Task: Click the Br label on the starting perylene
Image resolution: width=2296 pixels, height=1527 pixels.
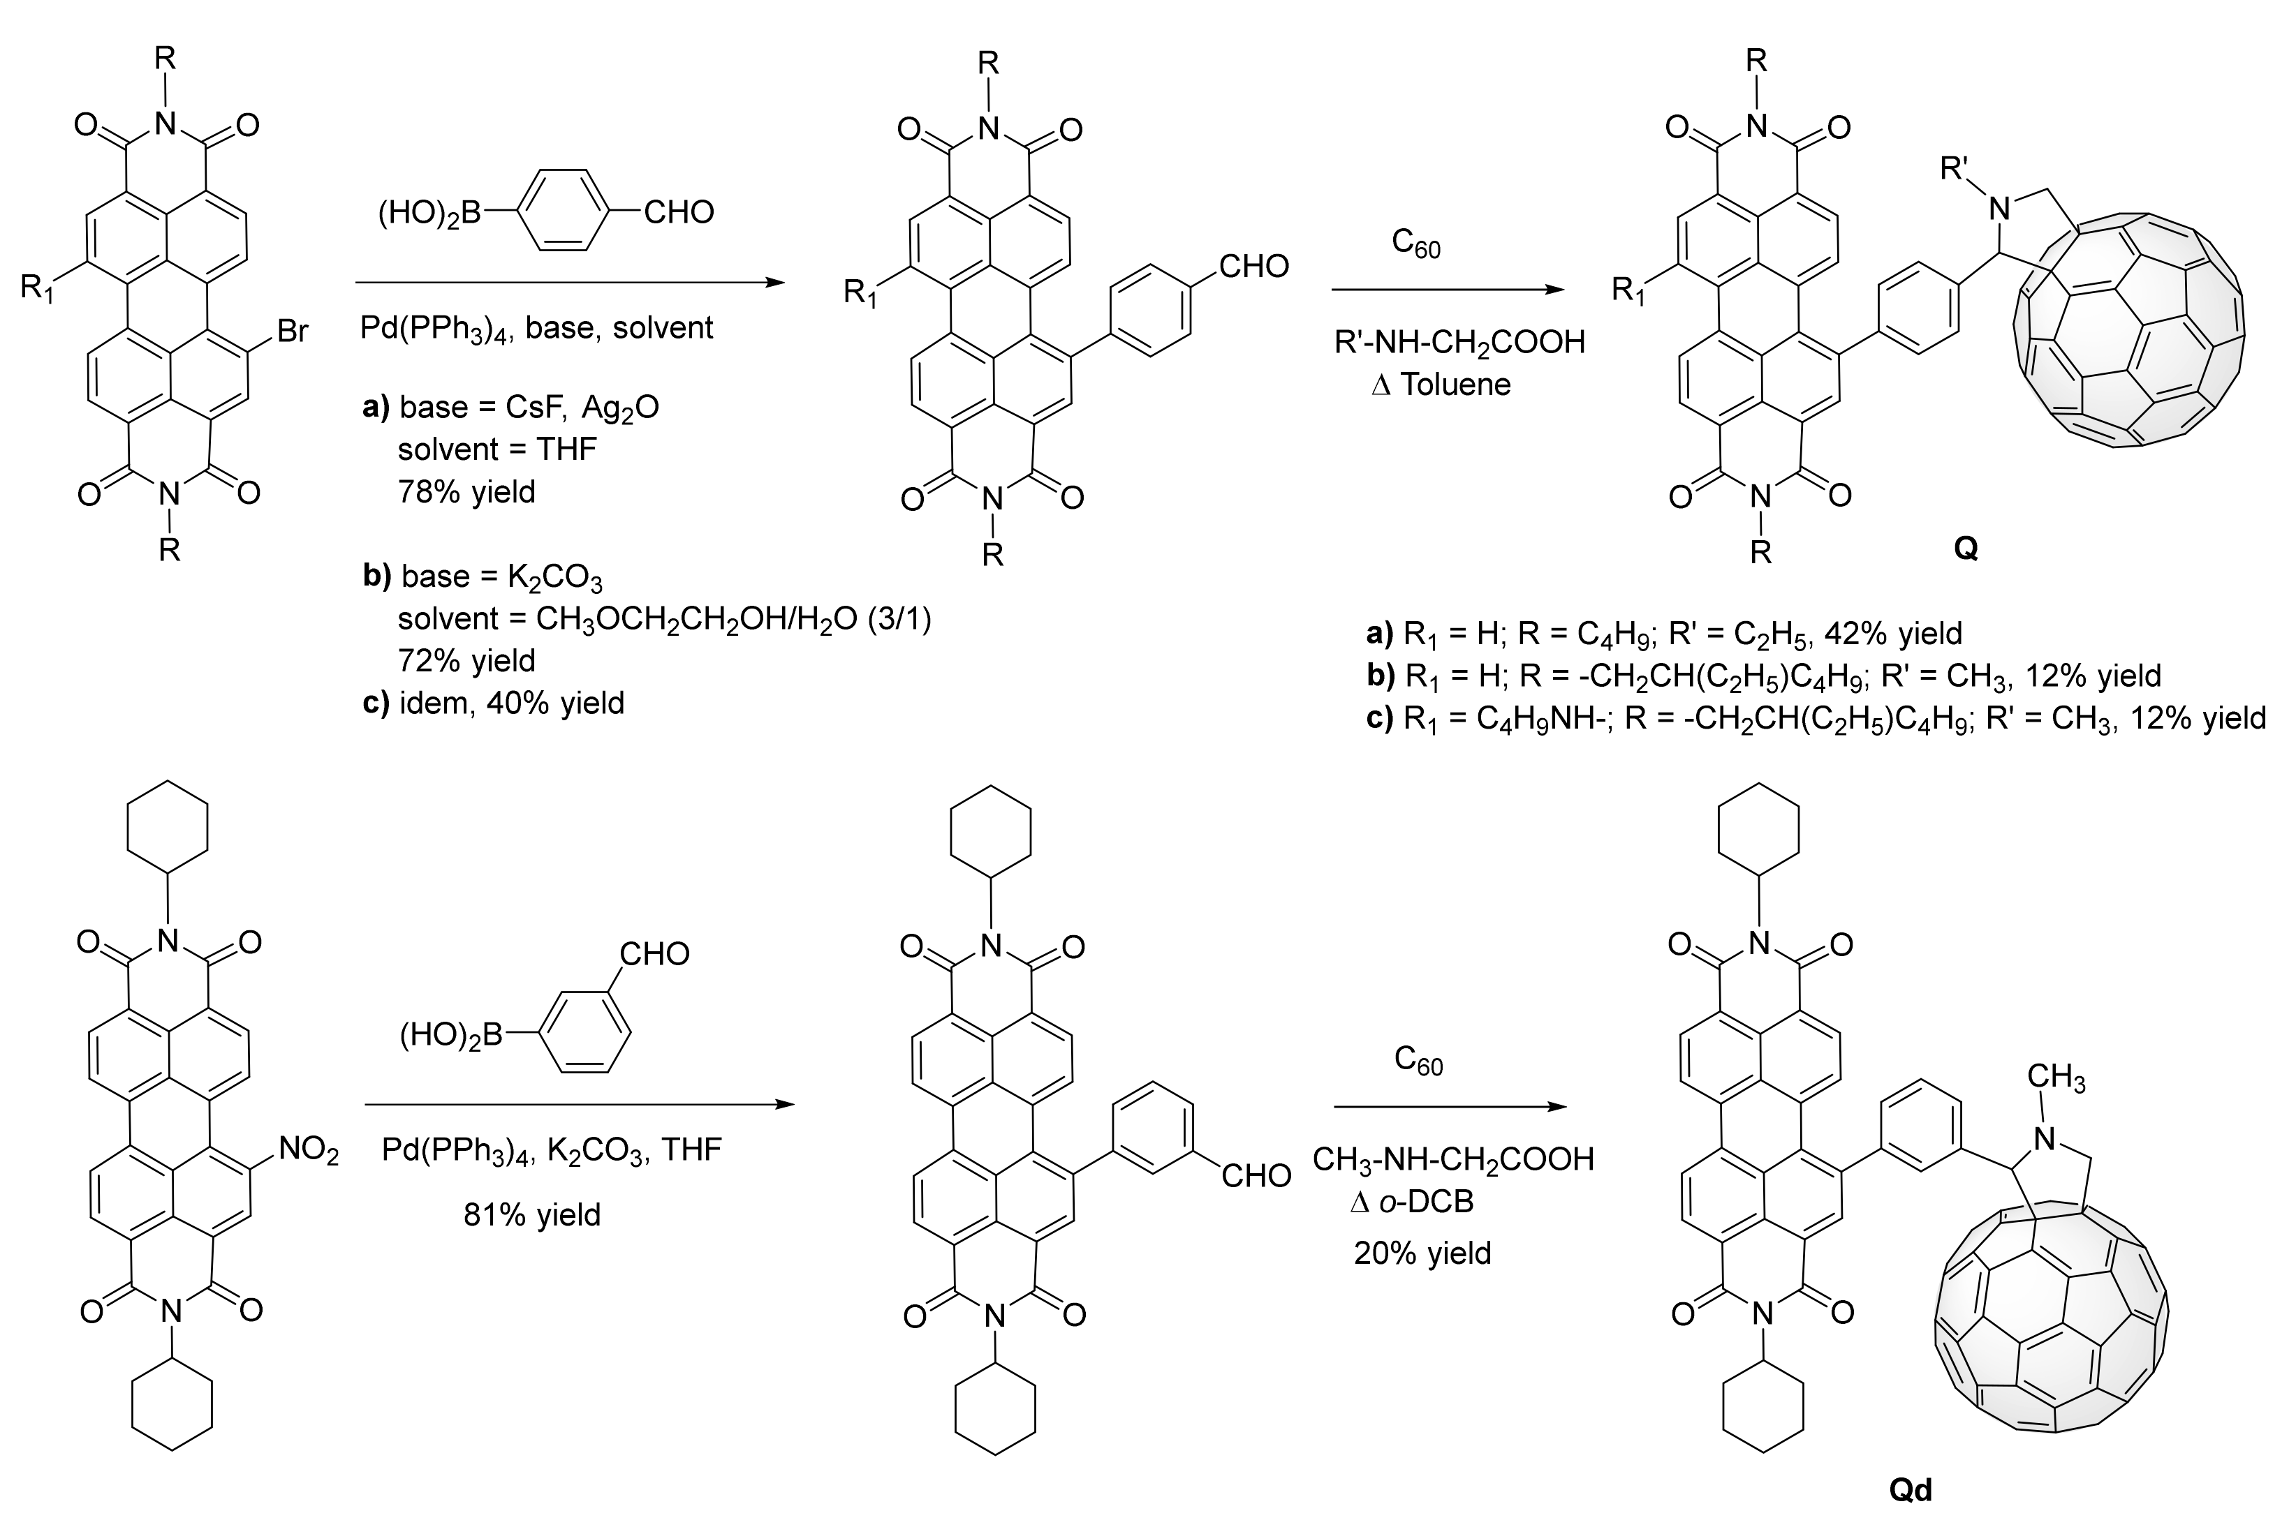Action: pos(292,332)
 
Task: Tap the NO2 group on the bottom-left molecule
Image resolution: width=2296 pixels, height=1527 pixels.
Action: pos(308,1151)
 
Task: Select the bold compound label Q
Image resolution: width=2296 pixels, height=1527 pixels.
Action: pos(1966,549)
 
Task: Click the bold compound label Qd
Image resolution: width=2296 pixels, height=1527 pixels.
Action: pos(1911,1489)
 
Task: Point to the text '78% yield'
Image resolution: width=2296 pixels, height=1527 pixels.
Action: pos(466,492)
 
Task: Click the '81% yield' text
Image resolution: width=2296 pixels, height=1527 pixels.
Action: pos(532,1214)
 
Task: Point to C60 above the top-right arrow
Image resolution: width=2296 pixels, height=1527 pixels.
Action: pos(1415,244)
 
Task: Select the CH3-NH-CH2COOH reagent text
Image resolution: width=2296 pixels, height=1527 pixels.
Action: pos(1452,1159)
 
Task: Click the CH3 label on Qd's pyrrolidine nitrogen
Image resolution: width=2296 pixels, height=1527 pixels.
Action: pos(2055,1078)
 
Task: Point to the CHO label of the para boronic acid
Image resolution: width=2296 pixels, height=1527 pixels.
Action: pos(678,212)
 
